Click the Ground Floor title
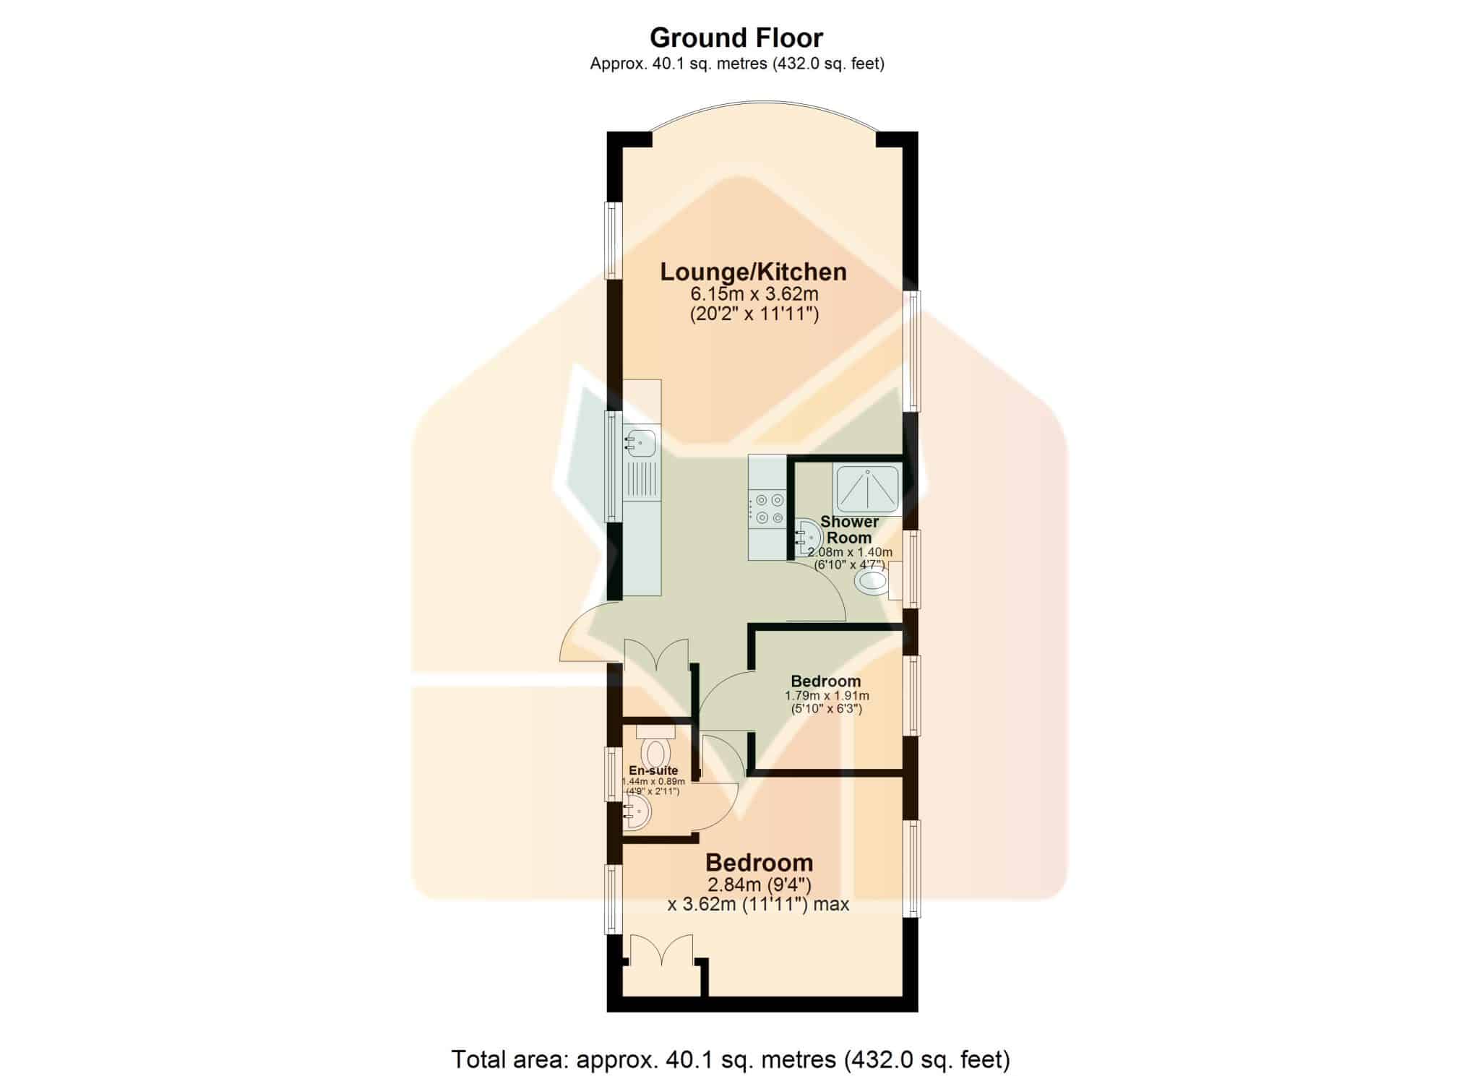pyautogui.click(x=736, y=37)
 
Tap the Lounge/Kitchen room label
pyautogui.click(x=754, y=272)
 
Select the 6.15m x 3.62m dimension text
pyautogui.click(x=754, y=294)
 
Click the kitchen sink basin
pyautogui.click(x=134, y=442)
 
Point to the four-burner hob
pyautogui.click(x=767, y=508)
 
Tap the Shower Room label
pyautogui.click(x=850, y=530)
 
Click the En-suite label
pyautogui.click(x=653, y=770)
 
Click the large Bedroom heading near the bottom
pyautogui.click(x=760, y=862)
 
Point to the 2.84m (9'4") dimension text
pyautogui.click(x=760, y=885)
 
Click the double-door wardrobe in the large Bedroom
pyautogui.click(x=661, y=951)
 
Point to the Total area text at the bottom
pyautogui.click(x=731, y=1059)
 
